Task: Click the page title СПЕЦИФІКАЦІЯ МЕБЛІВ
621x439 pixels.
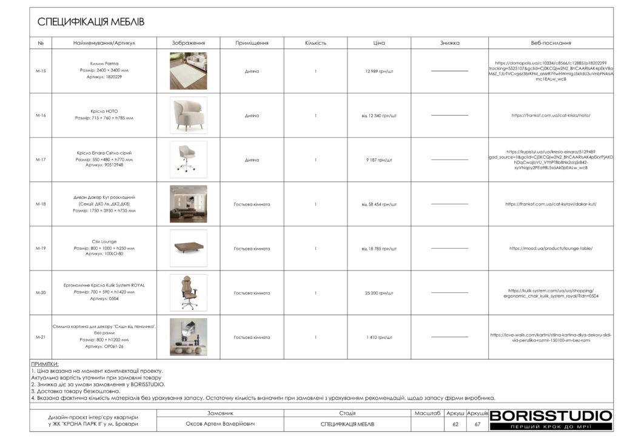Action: coord(91,22)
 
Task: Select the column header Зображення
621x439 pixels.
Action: coord(188,43)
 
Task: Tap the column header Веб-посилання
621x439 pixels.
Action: coord(551,43)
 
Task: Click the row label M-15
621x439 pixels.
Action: coord(41,72)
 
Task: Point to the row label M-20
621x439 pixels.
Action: coord(41,293)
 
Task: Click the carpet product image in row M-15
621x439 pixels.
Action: coord(188,71)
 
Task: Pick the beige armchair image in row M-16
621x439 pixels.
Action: coord(188,115)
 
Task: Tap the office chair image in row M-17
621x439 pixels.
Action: coord(188,159)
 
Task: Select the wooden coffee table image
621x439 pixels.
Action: coord(188,248)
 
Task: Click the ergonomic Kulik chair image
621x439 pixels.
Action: coord(188,292)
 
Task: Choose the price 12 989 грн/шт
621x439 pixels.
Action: coord(379,72)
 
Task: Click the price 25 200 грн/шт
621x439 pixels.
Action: coord(379,293)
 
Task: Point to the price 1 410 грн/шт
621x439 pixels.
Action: coord(379,337)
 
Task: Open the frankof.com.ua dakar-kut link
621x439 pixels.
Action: coord(551,204)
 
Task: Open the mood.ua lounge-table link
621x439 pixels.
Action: coord(551,249)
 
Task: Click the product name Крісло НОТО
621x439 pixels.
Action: coord(104,112)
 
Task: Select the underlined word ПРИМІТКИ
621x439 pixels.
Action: coord(45,364)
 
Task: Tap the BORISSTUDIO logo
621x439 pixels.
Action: coord(551,416)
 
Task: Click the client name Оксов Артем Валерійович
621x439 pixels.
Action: coord(220,424)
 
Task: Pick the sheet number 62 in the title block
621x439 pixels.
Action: coord(455,424)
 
